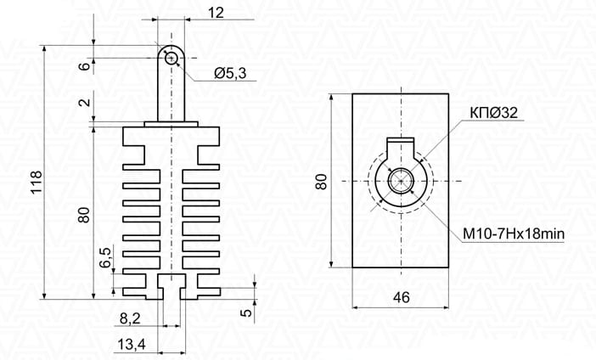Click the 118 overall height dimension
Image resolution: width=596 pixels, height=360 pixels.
click(37, 182)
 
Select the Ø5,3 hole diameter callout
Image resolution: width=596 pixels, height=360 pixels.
click(230, 73)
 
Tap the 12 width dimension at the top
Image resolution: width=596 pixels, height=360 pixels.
click(216, 14)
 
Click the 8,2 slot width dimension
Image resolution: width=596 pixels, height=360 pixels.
click(130, 318)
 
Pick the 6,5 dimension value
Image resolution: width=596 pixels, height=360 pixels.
click(105, 257)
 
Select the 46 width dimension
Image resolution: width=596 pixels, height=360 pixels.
click(401, 298)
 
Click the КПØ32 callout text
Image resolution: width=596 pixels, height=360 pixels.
click(494, 113)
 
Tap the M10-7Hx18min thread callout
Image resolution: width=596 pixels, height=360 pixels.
click(513, 233)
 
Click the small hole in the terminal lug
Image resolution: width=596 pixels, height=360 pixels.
click(171, 59)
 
